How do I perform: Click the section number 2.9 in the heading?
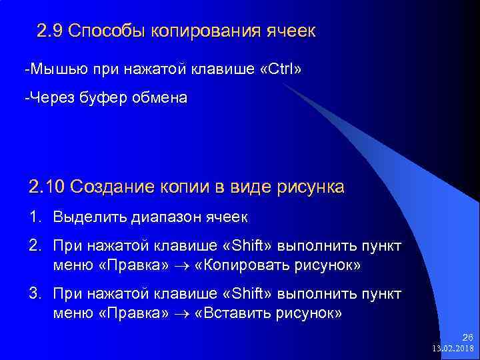click(x=49, y=31)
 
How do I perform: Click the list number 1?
click(x=35, y=217)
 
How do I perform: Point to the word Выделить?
click(x=83, y=217)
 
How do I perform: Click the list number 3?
click(x=35, y=294)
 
